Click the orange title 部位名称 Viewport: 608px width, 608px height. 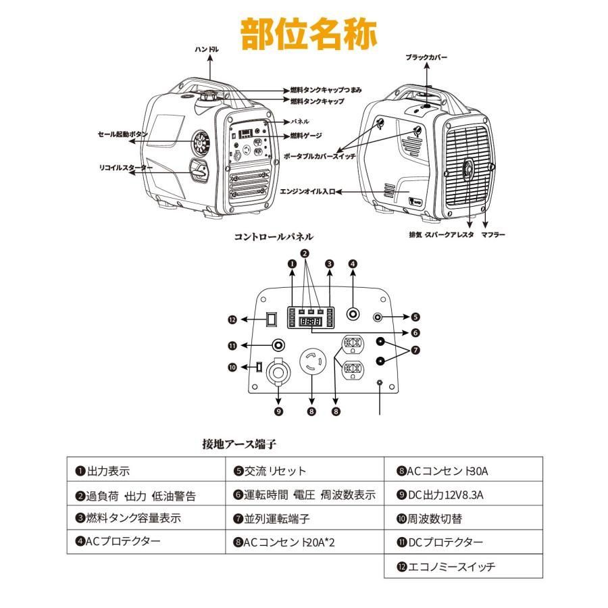[309, 32]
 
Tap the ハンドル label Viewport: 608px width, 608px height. [207, 49]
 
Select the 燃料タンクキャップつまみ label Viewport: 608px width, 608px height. [327, 90]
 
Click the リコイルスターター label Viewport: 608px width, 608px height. [125, 167]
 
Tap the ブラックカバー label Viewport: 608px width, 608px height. [426, 58]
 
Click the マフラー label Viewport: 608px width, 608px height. [494, 234]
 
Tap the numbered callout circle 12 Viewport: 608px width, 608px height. [232, 320]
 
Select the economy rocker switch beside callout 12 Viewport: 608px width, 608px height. [271, 319]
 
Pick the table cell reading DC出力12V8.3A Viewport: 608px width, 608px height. [463, 495]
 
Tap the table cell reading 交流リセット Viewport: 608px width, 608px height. [304, 471]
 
